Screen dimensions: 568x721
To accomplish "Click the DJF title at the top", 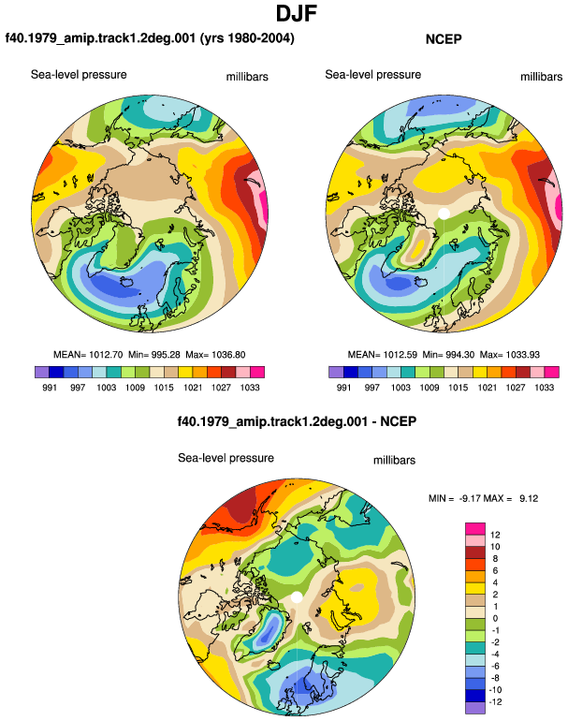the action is [297, 13].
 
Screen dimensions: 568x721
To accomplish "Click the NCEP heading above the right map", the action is [444, 39].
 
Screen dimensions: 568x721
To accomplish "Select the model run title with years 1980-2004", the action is [150, 37].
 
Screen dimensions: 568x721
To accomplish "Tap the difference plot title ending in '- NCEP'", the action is [297, 421].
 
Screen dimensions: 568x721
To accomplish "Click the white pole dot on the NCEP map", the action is [444, 213].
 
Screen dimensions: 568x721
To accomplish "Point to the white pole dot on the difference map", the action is [297, 596].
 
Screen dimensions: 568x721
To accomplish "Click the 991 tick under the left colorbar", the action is [50, 387].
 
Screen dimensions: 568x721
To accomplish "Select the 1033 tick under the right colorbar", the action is [544, 387].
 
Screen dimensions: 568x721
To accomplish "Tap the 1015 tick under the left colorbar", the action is [164, 387].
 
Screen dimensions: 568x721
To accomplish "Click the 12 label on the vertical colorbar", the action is [495, 535].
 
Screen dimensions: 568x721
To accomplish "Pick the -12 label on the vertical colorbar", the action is [495, 701].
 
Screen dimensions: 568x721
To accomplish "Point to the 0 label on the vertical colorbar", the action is [495, 618].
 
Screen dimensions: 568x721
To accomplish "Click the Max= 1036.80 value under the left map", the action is [215, 355].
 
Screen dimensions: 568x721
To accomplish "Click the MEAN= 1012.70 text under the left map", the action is [88, 355].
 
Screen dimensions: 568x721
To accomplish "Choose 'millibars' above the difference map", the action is [394, 461].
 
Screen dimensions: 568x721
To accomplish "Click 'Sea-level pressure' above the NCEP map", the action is [372, 75].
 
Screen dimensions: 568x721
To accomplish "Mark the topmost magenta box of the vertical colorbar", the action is [475, 529].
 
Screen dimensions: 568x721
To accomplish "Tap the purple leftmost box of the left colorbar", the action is [42, 372].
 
